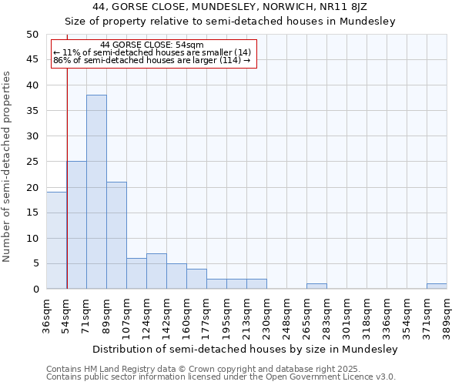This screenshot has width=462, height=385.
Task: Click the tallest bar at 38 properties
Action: point(96,192)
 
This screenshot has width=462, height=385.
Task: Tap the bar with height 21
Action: point(116,235)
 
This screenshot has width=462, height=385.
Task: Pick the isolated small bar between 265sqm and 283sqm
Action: point(316,286)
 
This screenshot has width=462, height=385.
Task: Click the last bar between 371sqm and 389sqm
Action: point(437,286)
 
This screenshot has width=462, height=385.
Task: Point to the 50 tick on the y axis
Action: point(32,35)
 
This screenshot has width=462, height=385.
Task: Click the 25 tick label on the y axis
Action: point(32,162)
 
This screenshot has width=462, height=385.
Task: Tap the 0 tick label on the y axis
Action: point(35,290)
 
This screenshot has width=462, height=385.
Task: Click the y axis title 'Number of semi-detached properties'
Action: point(8,166)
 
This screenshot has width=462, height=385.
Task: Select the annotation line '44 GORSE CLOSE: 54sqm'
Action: point(152,45)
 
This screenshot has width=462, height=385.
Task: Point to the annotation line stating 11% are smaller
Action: point(152,52)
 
